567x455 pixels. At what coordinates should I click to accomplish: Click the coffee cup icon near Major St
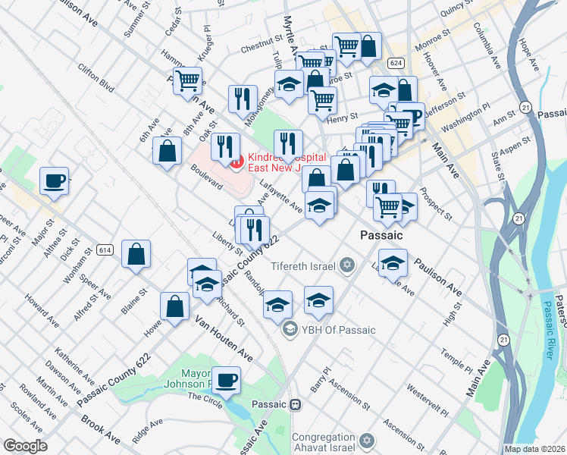tap(54, 181)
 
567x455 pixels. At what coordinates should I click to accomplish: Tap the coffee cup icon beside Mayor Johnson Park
tap(225, 379)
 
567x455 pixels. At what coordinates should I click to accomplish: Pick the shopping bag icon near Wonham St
tap(136, 255)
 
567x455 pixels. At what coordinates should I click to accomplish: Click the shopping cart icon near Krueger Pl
tap(187, 80)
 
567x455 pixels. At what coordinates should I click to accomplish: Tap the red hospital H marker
tap(237, 160)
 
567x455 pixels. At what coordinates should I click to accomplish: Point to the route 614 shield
tap(105, 249)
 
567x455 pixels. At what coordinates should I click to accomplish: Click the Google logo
tap(25, 446)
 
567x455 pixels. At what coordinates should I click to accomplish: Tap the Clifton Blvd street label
tap(96, 78)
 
